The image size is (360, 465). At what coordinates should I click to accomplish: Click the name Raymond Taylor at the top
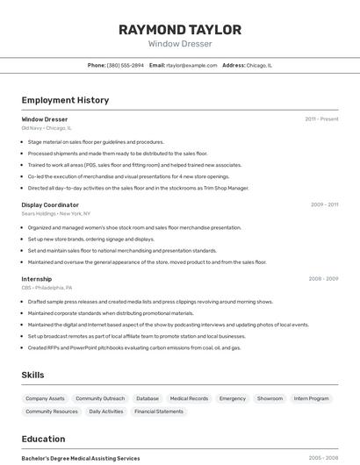[180, 29]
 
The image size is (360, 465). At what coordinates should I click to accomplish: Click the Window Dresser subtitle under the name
[180, 44]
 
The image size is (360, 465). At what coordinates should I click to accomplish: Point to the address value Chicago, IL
[259, 65]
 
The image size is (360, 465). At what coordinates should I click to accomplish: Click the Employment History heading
[65, 100]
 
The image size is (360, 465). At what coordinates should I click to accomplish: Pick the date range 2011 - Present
[321, 119]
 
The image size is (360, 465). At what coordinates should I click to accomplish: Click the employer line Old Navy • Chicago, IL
[47, 128]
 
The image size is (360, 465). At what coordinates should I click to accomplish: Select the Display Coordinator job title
[50, 204]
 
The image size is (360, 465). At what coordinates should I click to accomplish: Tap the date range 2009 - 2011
[324, 204]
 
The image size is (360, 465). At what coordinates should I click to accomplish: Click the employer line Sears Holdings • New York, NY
[56, 213]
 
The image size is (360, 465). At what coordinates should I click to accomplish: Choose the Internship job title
[37, 279]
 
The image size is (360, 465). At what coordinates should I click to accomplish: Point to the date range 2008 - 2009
[323, 279]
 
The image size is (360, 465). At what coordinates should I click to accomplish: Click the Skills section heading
[32, 375]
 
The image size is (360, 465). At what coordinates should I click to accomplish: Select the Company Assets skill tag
[45, 398]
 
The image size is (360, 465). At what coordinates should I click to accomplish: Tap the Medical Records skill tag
[189, 398]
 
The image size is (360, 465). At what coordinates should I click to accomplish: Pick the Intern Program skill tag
[312, 398]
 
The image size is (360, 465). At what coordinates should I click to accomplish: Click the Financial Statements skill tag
[158, 411]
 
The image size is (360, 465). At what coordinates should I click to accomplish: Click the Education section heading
[43, 439]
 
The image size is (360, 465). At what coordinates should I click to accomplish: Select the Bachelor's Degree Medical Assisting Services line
[81, 458]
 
